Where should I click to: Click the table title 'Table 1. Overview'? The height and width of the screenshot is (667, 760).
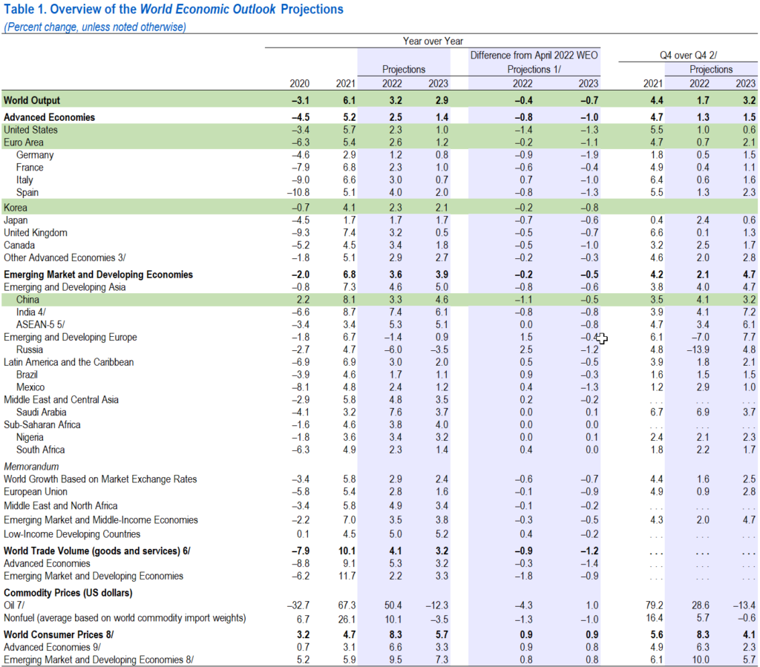pyautogui.click(x=174, y=10)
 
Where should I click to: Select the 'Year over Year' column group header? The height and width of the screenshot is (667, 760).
pyautogui.click(x=433, y=42)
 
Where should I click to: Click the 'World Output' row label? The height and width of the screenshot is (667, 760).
pyautogui.click(x=32, y=100)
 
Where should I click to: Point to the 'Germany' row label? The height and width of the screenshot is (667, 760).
pyautogui.click(x=35, y=155)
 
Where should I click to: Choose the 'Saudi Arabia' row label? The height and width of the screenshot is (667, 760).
pyautogui.click(x=42, y=412)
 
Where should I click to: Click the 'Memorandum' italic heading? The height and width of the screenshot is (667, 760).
pyautogui.click(x=30, y=467)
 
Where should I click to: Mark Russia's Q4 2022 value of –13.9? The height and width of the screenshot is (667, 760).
pyautogui.click(x=697, y=349)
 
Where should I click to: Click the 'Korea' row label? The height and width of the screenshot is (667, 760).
pyautogui.click(x=15, y=208)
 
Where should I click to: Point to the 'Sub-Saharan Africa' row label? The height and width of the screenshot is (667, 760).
pyautogui.click(x=42, y=424)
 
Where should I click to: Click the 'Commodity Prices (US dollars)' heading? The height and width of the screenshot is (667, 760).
pyautogui.click(x=68, y=594)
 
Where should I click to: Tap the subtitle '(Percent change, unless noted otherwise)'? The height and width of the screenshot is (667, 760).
pyautogui.click(x=95, y=27)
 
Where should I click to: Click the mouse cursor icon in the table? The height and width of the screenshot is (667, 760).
pyautogui.click(x=602, y=339)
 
